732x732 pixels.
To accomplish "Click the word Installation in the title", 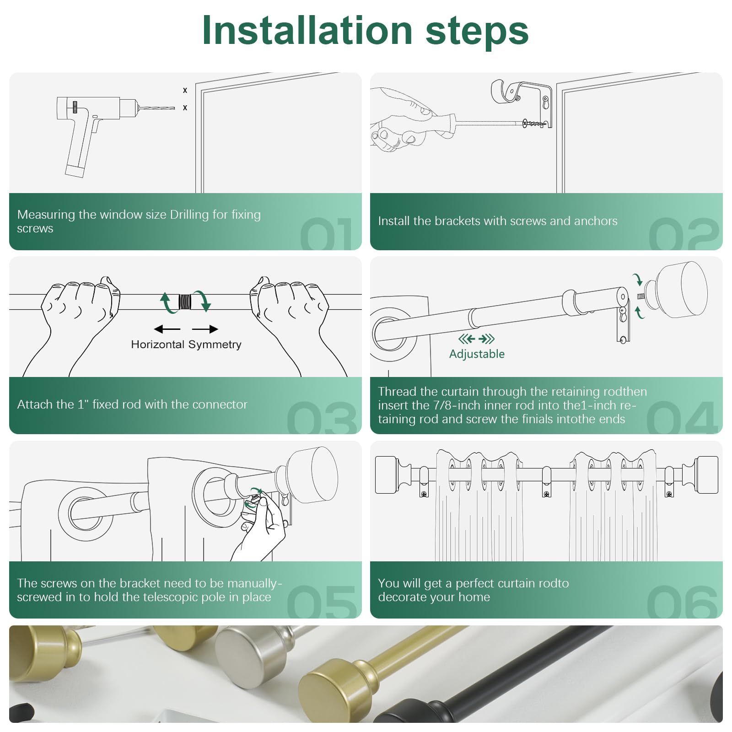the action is point(307,31).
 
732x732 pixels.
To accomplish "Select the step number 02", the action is point(684,233).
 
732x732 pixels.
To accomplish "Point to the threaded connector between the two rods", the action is point(185,302).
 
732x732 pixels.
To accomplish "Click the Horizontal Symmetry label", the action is point(186,344).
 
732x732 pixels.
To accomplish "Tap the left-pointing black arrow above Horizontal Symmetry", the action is point(167,329).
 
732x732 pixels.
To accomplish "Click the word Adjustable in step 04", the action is point(477,354).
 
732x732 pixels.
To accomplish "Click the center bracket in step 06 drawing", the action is point(546,482).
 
